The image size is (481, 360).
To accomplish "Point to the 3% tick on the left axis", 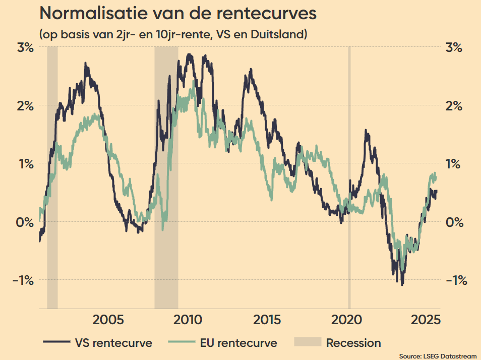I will (x=25, y=48).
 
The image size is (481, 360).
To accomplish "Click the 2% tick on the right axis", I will (x=454, y=106).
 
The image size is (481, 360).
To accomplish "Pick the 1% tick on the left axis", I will (x=26, y=164).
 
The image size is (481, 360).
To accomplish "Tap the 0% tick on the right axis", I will (x=455, y=222).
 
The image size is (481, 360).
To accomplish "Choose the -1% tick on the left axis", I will (x=24, y=280).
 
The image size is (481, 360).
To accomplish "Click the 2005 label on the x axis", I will (x=109, y=321).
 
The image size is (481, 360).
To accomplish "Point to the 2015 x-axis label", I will (x=268, y=321).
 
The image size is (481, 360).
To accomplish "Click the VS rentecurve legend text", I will (x=113, y=343).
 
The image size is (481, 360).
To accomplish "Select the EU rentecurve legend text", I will (x=238, y=343).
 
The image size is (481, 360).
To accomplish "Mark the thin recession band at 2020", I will (x=349, y=176).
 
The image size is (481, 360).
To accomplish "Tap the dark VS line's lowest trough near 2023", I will (x=402, y=284).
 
